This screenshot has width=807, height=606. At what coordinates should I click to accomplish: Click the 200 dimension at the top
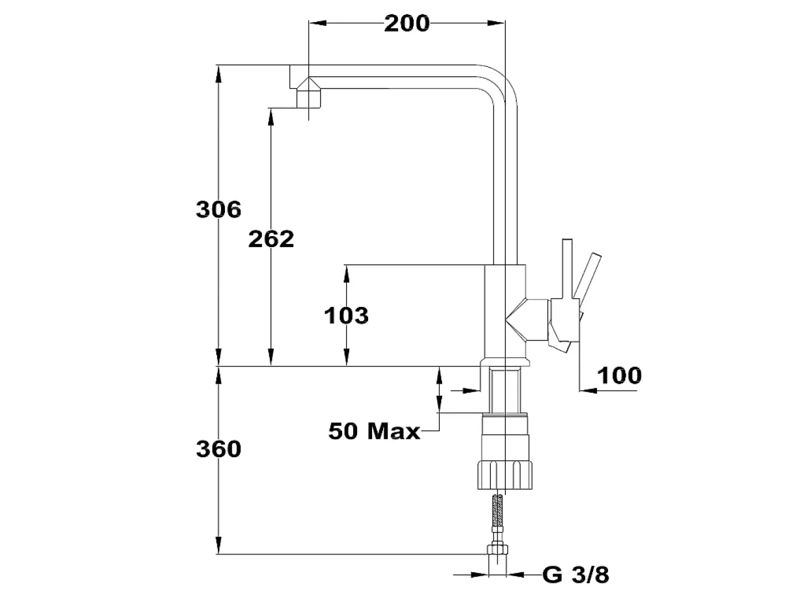tap(407, 24)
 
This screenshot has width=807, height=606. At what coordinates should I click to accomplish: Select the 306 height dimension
tap(218, 210)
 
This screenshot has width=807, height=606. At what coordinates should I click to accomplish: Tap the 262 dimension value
tap(271, 239)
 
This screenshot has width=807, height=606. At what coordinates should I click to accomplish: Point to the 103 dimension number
tap(346, 316)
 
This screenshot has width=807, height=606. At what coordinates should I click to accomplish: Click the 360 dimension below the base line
tap(218, 449)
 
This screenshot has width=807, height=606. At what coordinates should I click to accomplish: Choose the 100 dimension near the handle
tap(620, 376)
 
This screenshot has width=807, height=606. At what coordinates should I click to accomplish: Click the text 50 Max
tap(374, 431)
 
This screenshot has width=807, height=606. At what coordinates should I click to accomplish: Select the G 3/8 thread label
tap(576, 574)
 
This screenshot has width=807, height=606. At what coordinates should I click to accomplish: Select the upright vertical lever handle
tap(567, 269)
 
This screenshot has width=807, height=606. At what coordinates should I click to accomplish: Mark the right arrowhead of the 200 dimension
tap(496, 23)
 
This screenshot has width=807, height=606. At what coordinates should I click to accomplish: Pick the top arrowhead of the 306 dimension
tap(218, 74)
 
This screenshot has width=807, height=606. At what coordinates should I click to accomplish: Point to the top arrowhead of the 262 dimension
tap(271, 117)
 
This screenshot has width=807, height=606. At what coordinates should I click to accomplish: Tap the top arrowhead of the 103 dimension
tap(347, 274)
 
